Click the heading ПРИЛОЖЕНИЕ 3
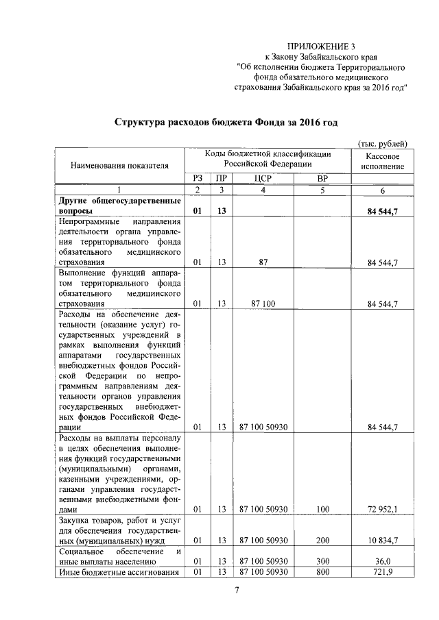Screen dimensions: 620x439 (x=321, y=47)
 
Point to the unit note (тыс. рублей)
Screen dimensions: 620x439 (x=383, y=143)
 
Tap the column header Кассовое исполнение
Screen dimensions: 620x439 (x=382, y=161)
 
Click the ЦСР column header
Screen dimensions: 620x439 (x=263, y=178)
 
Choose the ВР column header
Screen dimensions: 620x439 (x=322, y=178)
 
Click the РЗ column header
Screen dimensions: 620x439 (x=198, y=178)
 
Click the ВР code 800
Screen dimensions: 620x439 (x=322, y=571)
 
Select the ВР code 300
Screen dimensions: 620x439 (x=322, y=561)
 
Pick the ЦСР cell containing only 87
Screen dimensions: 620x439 (x=263, y=262)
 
